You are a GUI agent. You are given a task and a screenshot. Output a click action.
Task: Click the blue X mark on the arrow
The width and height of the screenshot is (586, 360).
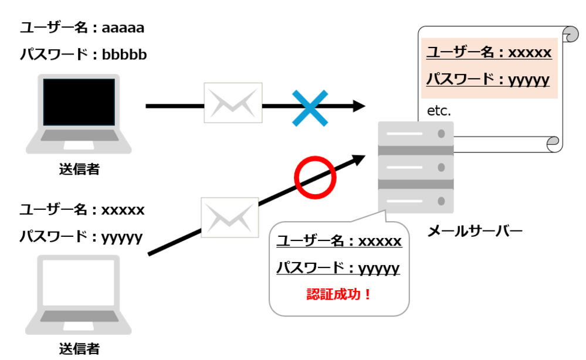310,107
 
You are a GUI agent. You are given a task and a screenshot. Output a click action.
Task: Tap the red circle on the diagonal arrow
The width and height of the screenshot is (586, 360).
315,176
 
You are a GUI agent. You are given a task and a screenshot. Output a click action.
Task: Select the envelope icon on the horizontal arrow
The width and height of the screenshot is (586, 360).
233,103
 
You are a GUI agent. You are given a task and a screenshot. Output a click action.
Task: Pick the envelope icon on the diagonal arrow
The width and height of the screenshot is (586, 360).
230,218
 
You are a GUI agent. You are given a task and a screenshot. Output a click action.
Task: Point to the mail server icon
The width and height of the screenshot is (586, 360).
415,167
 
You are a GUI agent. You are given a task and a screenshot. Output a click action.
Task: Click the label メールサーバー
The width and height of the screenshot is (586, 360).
475,231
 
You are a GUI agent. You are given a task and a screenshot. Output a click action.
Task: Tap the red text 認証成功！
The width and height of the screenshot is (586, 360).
339,294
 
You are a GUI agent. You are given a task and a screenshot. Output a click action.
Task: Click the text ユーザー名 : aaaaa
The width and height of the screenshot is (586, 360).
82,28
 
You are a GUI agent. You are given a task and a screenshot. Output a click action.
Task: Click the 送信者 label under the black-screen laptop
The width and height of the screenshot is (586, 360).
79,169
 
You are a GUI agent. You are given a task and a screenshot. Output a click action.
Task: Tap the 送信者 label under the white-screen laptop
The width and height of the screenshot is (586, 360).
79,349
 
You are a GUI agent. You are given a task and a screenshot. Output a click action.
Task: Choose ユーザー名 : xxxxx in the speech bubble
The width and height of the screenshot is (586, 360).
339,241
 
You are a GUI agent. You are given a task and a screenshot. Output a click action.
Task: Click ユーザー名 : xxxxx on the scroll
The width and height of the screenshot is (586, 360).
489,53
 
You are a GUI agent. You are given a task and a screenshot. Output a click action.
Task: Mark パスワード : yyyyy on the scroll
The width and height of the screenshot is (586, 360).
487,80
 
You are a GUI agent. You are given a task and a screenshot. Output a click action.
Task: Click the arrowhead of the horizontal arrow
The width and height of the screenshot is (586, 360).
358,106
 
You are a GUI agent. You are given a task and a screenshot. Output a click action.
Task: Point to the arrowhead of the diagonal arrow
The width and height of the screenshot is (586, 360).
358,158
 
